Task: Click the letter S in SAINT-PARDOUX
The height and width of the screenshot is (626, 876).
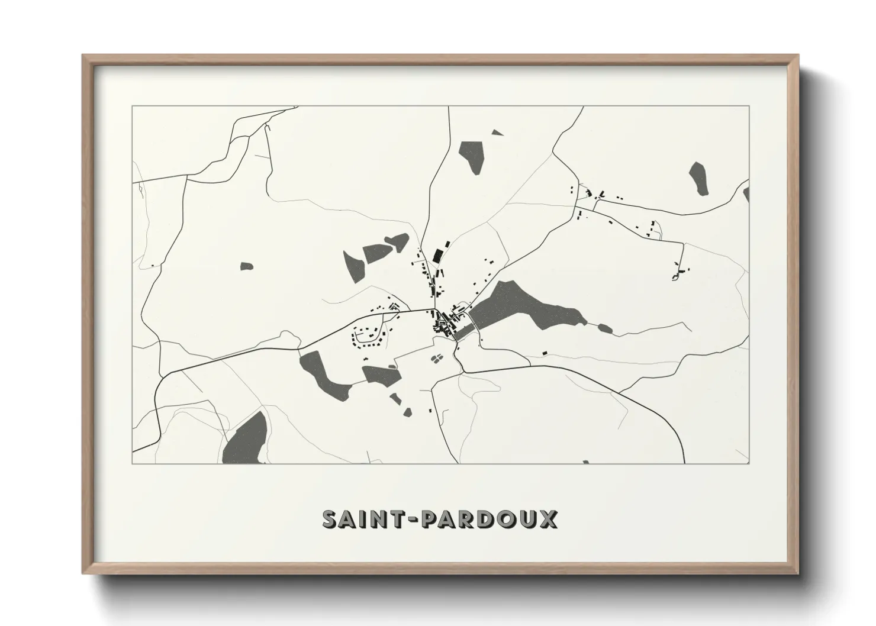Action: click(x=330, y=519)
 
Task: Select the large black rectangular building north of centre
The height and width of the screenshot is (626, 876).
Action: click(x=438, y=255)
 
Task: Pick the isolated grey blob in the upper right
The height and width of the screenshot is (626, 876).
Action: click(x=699, y=178)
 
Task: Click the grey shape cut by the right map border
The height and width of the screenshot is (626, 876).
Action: click(x=746, y=194)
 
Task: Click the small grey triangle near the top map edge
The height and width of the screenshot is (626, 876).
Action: click(x=497, y=133)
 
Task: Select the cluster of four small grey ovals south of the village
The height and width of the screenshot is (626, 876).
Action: click(x=436, y=358)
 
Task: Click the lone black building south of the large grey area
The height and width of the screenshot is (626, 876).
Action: click(x=545, y=353)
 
